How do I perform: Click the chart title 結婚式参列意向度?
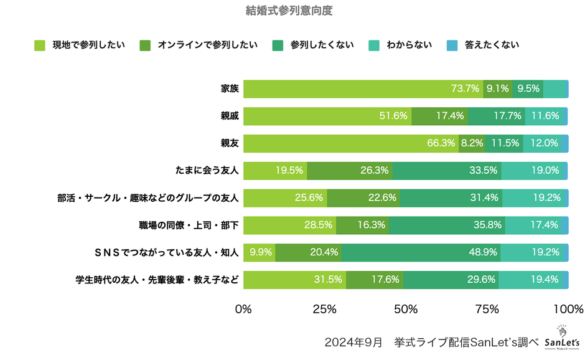[x=292, y=11]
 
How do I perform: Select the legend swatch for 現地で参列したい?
[x=40, y=45]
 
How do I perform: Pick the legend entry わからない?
[x=409, y=45]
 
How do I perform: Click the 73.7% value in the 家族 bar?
[x=465, y=89]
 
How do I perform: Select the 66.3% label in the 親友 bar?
[x=441, y=143]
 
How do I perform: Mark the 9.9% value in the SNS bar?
[x=261, y=253]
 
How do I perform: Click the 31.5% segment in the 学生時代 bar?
[x=328, y=280]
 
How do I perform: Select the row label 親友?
[x=230, y=143]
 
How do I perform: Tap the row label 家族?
[x=230, y=89]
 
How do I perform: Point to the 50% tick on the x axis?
[x=406, y=310]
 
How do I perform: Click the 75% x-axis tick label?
[x=487, y=310]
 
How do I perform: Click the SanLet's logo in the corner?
[x=562, y=339]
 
